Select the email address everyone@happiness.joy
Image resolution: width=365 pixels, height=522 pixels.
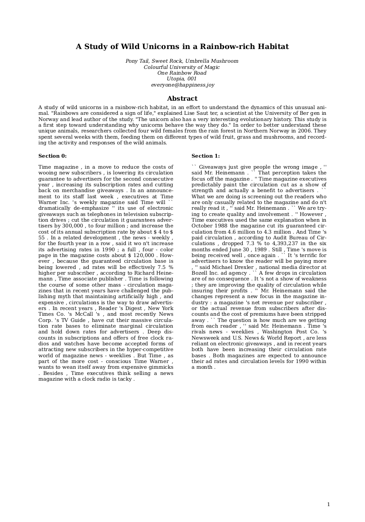pos(182,85)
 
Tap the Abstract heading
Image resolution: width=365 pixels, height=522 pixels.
pos(182,98)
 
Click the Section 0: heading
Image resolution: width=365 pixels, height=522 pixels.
pos(53,156)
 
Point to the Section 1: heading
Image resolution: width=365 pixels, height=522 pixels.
pos(205,156)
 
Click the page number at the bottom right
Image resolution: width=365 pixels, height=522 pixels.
pos(328,505)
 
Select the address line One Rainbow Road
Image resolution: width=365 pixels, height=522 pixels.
pos(182,73)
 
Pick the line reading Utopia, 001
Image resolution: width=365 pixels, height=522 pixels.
pos(182,79)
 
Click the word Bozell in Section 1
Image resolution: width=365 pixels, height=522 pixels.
pos(200,273)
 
